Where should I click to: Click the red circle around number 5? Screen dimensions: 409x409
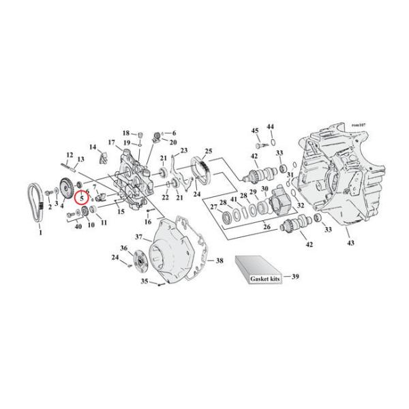pos(82,198)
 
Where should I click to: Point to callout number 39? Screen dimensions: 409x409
pos(295,277)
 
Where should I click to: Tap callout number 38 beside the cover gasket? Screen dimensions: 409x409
pos(219,260)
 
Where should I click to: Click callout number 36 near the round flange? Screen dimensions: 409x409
pos(124,247)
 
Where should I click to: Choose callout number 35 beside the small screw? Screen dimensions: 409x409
pos(144,281)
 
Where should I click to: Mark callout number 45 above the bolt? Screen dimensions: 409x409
pos(255,130)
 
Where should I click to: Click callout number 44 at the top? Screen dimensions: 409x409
pos(270,127)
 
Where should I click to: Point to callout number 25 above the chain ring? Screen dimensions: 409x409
pos(209,151)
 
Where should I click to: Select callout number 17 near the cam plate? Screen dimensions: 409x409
pos(110,142)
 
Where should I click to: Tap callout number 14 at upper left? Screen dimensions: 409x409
pos(92,147)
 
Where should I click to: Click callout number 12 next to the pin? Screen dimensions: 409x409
pos(70,155)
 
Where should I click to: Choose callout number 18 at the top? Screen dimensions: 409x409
pos(126,132)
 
